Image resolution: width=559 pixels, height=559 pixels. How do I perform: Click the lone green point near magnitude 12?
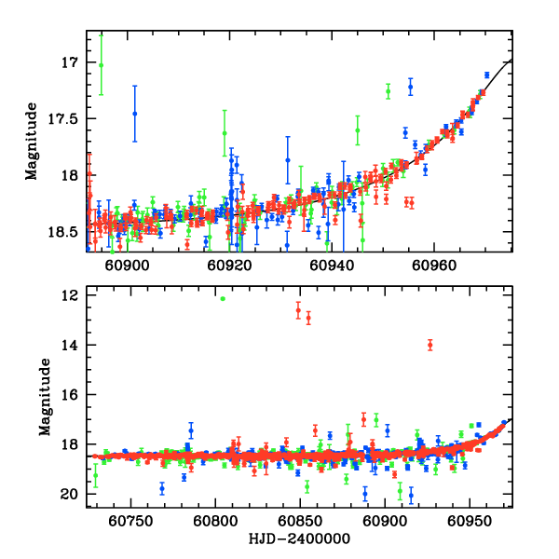(x=223, y=298)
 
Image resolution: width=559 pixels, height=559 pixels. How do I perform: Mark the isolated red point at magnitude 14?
(x=429, y=345)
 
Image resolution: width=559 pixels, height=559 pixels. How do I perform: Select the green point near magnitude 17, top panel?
(x=101, y=64)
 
